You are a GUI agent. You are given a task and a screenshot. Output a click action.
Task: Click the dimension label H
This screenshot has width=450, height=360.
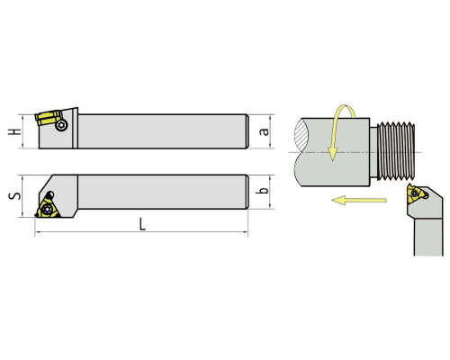point(14,131)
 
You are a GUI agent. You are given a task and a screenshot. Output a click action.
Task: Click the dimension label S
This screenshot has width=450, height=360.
point(14,196)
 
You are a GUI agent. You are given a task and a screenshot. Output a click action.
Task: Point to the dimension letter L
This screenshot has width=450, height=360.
point(142,224)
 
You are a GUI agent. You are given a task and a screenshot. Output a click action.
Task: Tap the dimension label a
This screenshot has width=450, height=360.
point(264,131)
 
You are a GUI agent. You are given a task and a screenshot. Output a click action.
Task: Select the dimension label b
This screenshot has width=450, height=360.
point(262,190)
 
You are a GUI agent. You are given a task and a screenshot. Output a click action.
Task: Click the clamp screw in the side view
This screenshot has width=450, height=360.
point(61,125)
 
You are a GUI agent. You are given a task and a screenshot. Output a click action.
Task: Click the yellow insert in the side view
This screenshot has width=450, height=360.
point(47,118)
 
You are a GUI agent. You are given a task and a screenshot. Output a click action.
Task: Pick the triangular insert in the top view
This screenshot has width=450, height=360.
point(48,207)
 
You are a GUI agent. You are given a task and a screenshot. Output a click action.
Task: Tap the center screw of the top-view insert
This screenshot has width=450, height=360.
point(47,209)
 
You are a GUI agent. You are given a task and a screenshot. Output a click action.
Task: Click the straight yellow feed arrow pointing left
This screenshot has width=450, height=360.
point(358,200)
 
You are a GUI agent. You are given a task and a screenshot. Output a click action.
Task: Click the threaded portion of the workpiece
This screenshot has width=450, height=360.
point(396,151)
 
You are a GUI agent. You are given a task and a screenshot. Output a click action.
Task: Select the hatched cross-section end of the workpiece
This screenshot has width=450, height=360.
point(301,137)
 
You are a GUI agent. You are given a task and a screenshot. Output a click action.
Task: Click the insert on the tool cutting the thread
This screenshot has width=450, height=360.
point(415,193)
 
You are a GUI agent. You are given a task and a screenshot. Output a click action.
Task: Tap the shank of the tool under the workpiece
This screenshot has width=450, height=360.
point(428,237)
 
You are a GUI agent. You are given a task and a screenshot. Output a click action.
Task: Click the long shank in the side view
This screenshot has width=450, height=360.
point(163,131)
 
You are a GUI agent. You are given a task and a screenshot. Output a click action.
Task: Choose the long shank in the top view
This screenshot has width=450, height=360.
point(163,192)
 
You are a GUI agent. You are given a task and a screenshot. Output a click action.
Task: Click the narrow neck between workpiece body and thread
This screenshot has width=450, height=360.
point(373,152)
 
